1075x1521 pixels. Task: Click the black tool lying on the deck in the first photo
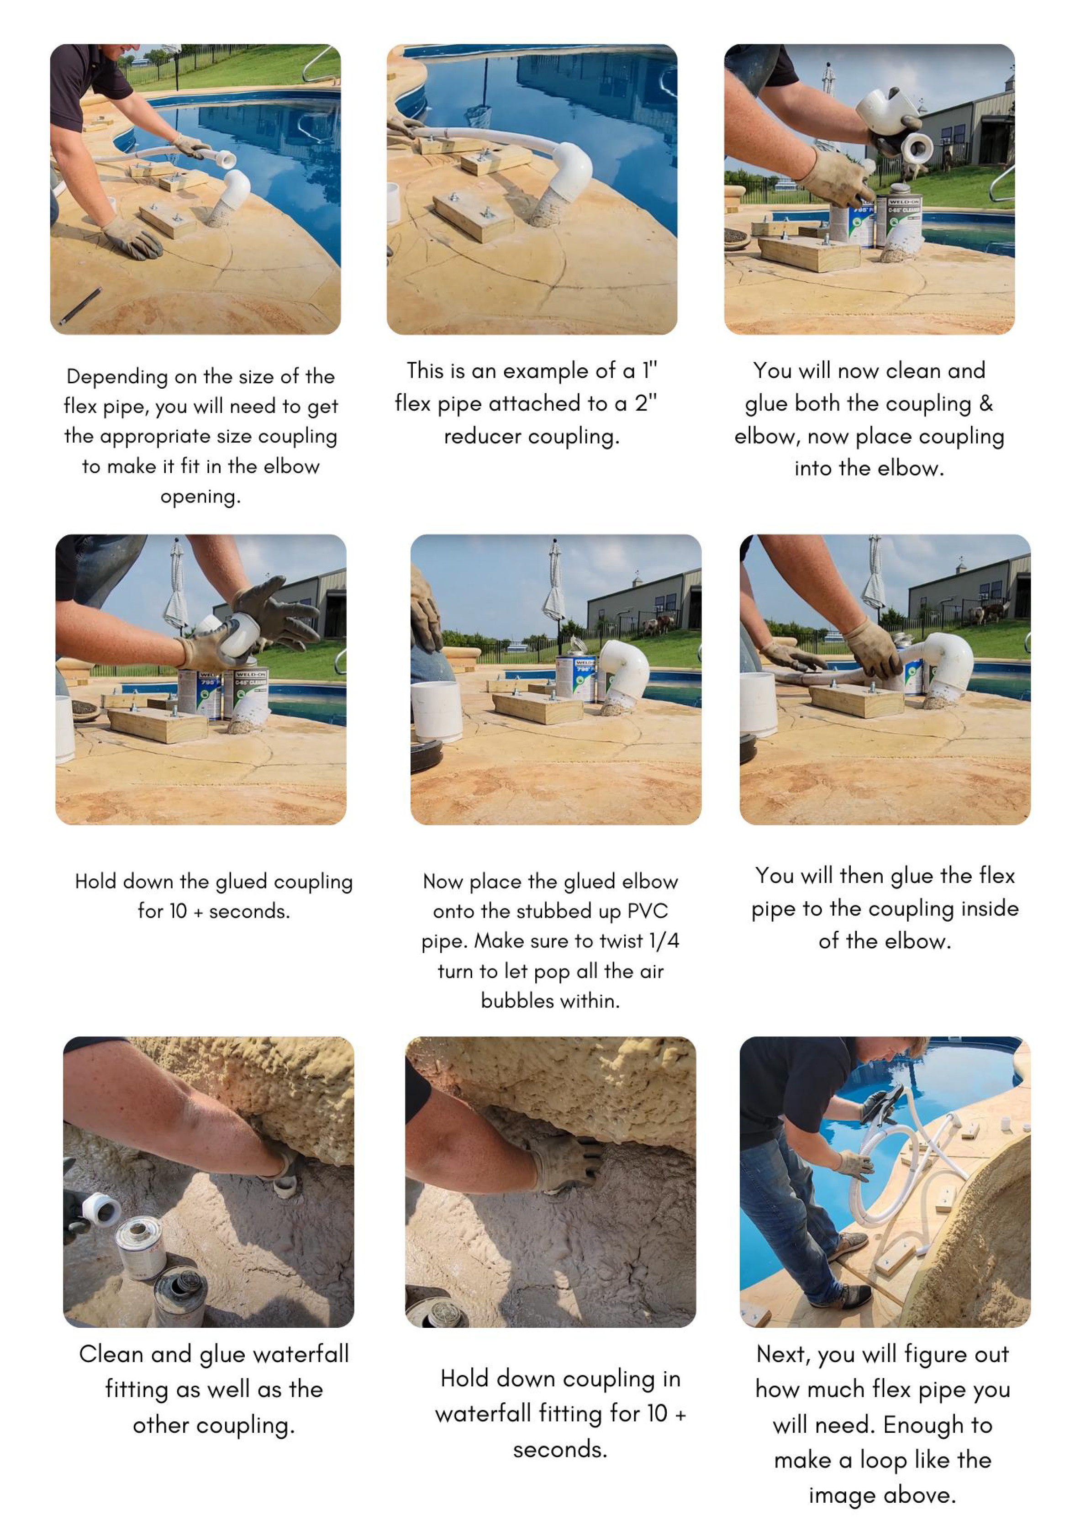click(79, 306)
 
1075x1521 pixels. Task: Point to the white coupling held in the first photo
click(222, 158)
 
